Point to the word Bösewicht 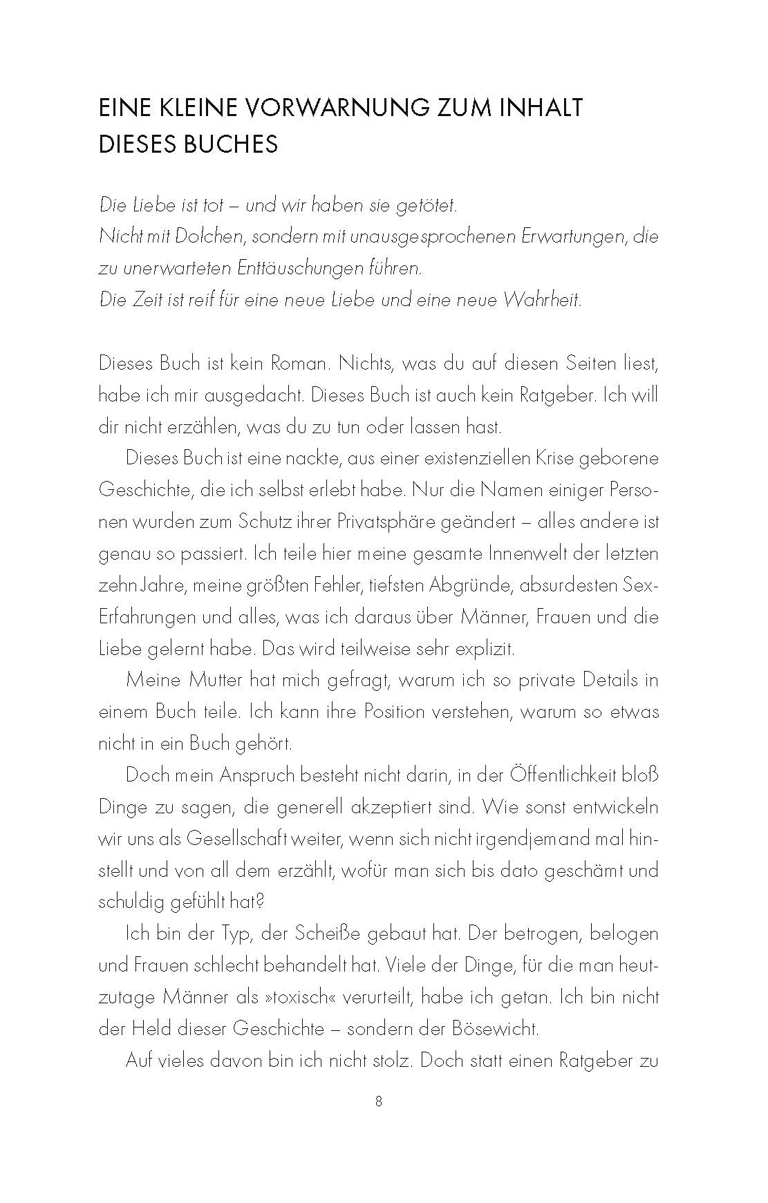[489, 1029]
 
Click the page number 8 [378, 1121]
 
